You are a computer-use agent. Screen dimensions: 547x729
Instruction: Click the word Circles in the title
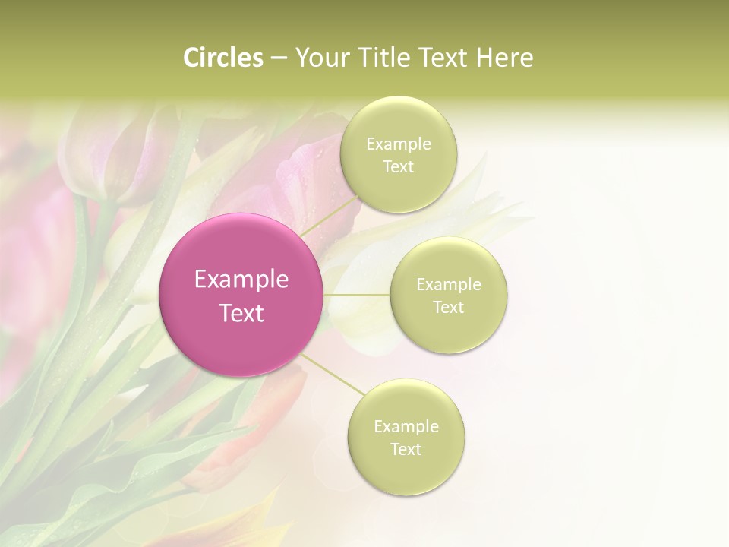coord(223,58)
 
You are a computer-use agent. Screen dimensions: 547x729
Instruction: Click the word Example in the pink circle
coord(241,280)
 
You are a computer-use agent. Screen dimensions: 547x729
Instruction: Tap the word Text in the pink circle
coord(241,313)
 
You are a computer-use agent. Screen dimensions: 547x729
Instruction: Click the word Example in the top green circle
coord(398,144)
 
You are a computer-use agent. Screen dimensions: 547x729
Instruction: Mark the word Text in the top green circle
coord(398,167)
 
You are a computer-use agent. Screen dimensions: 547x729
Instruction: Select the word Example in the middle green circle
coord(448,285)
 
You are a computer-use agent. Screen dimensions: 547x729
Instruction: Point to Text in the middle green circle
coord(448,308)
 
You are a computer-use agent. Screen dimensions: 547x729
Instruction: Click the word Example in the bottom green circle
coord(406,427)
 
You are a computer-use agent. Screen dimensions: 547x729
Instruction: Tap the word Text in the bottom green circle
coord(406,450)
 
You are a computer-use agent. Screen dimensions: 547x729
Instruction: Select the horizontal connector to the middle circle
coord(357,295)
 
